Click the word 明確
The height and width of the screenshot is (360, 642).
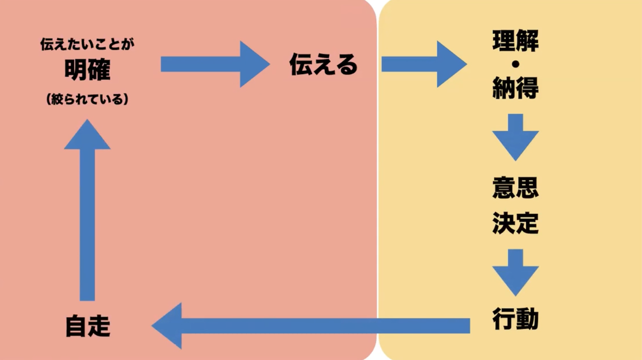click(87, 70)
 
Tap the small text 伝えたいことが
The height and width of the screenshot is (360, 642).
click(87, 44)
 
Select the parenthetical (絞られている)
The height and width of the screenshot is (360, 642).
click(87, 99)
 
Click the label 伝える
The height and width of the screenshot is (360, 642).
click(323, 65)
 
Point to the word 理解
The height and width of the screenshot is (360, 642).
click(515, 41)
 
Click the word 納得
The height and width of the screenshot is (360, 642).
click(515, 88)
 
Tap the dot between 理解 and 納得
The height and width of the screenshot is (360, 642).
click(515, 65)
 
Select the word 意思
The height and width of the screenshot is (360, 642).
click(515, 187)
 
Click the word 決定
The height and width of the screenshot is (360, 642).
click(515, 223)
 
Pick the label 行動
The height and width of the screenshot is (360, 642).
click(515, 319)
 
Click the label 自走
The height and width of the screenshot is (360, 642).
click(88, 326)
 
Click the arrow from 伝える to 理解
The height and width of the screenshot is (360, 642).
click(423, 64)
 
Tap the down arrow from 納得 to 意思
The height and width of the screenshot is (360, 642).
click(515, 137)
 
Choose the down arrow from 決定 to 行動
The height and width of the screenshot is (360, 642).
click(515, 272)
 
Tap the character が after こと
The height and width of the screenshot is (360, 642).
click(128, 44)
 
